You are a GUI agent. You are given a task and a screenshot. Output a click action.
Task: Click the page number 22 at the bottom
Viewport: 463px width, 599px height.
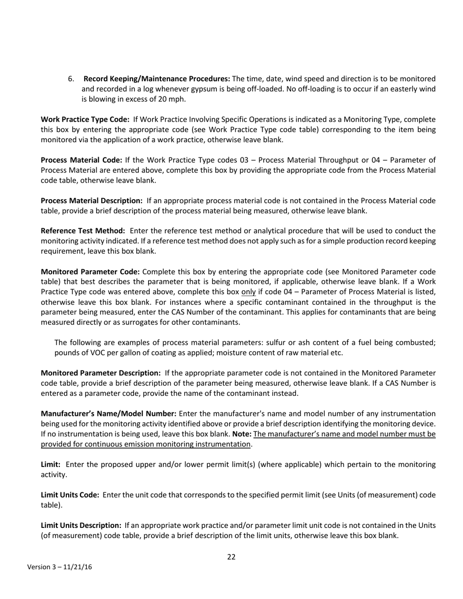[x=231, y=557]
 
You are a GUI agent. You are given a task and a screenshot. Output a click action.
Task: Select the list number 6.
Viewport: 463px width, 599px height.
[x=71, y=79]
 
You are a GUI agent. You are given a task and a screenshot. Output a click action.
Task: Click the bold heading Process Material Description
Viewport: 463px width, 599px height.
[x=92, y=201]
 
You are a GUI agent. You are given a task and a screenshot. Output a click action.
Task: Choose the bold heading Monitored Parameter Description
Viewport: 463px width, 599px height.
[x=101, y=373]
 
